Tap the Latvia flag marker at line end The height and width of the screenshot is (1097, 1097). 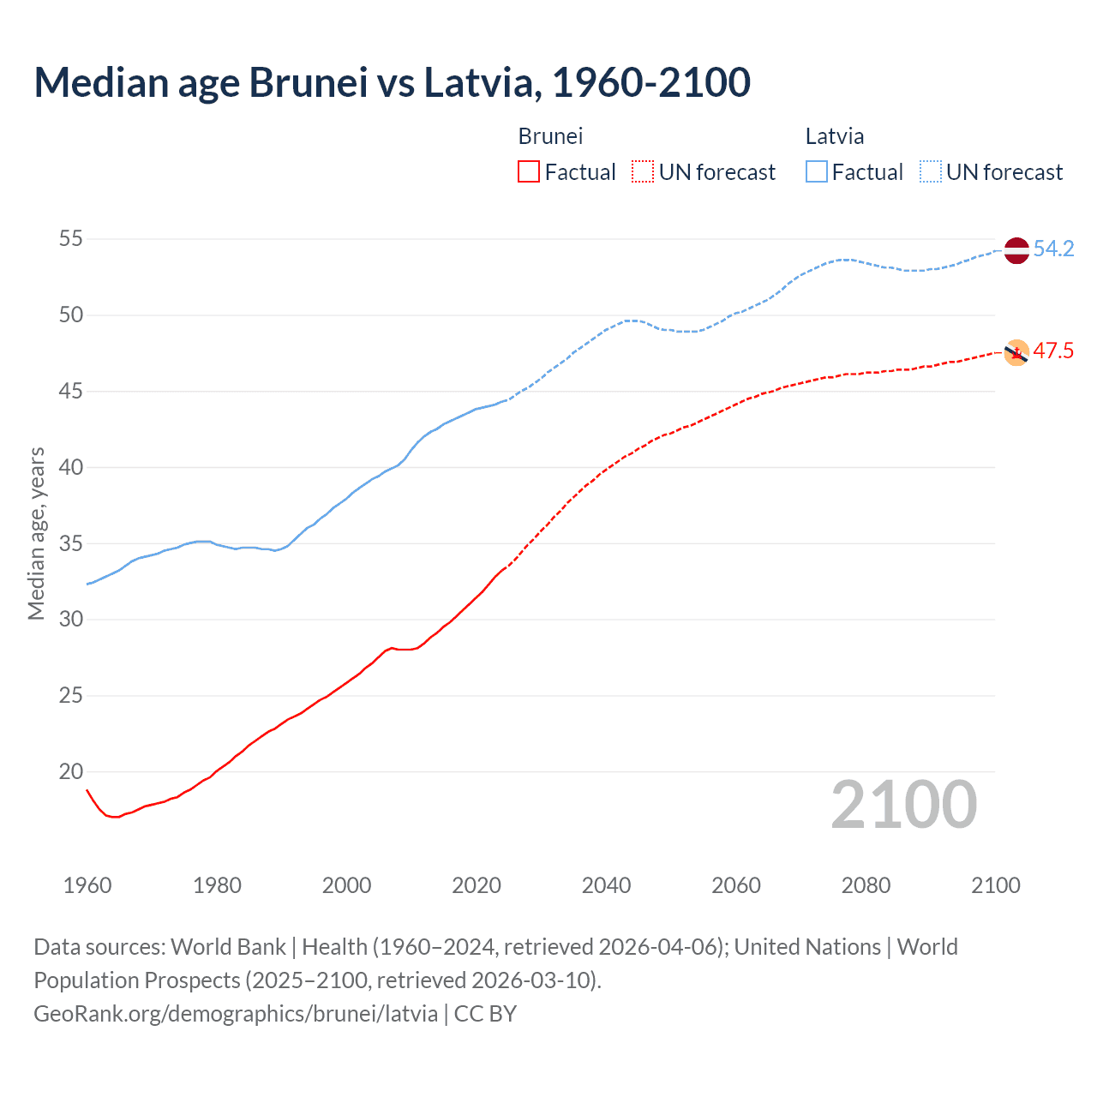click(1016, 250)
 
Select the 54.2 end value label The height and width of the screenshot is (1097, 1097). click(1053, 249)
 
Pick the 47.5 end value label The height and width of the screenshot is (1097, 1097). click(1053, 351)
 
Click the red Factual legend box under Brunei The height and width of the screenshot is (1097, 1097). click(529, 172)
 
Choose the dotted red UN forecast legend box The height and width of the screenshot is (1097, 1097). click(643, 172)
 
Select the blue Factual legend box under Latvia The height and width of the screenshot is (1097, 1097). click(817, 172)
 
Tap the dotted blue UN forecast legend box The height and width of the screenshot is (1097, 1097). click(931, 172)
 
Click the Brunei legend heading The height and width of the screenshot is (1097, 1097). click(550, 136)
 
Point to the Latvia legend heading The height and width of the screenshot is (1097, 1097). click(834, 136)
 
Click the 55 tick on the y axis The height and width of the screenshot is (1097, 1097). click(71, 239)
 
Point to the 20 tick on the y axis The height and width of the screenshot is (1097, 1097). click(71, 771)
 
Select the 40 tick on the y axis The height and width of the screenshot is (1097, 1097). click(71, 467)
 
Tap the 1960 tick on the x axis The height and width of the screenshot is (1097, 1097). click(87, 885)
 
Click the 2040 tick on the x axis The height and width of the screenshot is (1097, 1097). click(606, 885)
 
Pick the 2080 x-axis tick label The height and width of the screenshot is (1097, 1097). click(866, 885)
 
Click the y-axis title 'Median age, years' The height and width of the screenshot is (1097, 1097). click(36, 533)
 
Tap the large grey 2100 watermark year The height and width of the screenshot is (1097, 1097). click(903, 805)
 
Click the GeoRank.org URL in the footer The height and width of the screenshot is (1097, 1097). click(236, 1014)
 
